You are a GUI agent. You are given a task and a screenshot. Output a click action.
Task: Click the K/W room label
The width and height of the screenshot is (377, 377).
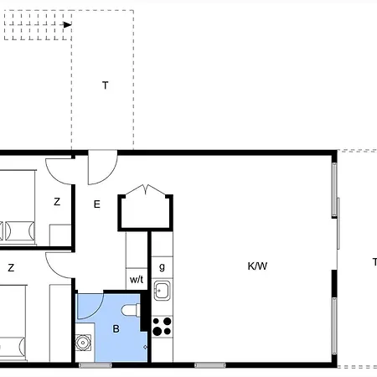click(257, 266)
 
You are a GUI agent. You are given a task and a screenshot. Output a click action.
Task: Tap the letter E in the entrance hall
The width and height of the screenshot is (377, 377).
click(96, 204)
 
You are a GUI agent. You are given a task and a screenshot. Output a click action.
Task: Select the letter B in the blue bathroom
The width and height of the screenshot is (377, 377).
click(116, 328)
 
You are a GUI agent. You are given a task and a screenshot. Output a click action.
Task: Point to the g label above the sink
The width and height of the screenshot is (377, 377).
click(162, 266)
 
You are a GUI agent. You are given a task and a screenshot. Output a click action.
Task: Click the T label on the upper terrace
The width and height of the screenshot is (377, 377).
click(105, 85)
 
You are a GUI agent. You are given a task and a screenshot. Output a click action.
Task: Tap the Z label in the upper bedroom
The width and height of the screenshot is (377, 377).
click(57, 202)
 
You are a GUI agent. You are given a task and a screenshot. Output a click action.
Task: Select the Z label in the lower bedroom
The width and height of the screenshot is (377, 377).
click(11, 268)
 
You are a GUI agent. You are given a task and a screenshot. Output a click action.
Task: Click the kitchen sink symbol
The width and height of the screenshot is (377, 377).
click(162, 292)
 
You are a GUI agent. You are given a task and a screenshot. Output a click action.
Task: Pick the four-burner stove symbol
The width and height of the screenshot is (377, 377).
click(162, 323)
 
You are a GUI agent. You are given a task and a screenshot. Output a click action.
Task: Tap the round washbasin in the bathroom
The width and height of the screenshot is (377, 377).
click(84, 342)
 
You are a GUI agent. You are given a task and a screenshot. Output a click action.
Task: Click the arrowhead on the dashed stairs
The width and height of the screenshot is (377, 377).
click(66, 24)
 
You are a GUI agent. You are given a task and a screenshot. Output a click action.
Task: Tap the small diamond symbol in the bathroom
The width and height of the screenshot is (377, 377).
click(146, 346)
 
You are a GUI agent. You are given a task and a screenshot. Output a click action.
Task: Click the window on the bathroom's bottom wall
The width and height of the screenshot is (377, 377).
click(96, 365)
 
